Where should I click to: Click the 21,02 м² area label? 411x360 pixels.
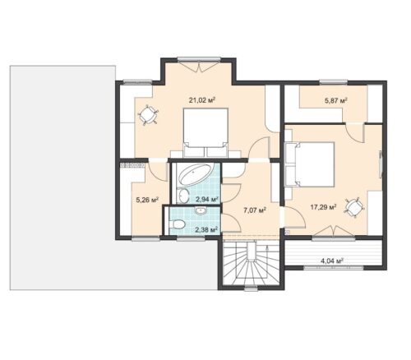(201, 100)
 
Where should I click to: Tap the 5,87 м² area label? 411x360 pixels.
(336, 100)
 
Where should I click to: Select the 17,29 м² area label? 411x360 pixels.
(323, 207)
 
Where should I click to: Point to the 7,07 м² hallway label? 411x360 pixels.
(255, 210)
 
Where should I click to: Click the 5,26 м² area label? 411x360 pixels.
(148, 200)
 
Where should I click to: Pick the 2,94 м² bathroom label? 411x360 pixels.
(206, 199)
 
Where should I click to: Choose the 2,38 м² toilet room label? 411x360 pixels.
(206, 229)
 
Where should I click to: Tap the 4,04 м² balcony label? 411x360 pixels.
(332, 261)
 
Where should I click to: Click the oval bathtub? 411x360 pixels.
(194, 174)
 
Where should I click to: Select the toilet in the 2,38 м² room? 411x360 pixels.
(178, 224)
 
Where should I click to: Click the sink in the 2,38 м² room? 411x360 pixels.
(201, 210)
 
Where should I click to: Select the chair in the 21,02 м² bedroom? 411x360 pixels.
(148, 114)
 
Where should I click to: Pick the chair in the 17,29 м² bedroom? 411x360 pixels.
(354, 207)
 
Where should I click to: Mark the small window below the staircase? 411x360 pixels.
(251, 288)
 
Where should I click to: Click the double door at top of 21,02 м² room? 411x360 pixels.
(199, 66)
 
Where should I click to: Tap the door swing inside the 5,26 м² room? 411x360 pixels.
(158, 172)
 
